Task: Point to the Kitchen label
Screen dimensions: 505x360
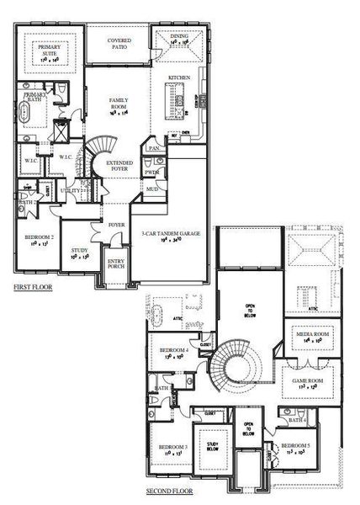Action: tap(180, 77)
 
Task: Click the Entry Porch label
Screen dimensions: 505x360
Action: tap(115, 263)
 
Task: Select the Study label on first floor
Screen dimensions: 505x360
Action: tap(80, 252)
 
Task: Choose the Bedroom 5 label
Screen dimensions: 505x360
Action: tap(295, 446)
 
